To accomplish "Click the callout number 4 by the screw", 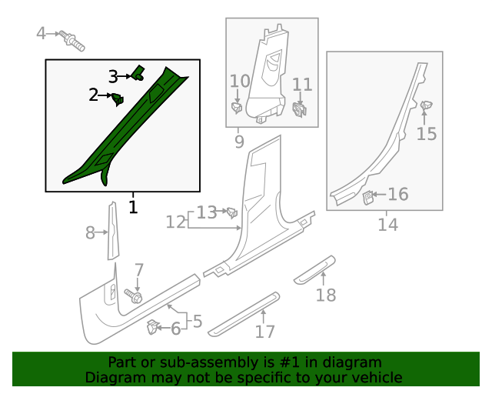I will pos(42,33).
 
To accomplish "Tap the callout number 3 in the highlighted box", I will pos(113,77).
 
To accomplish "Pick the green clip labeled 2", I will pos(118,98).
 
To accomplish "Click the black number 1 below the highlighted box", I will pos(133,207).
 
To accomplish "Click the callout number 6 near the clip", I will pos(175,329).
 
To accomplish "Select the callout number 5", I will pos(198,321).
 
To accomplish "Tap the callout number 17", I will pos(264,332).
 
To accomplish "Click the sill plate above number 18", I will pos(315,265).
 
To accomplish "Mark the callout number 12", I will pos(176,222).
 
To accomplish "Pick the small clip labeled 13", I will pos(230,212).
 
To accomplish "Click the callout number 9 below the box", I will pos(239,142).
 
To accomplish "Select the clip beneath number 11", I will pos(301,111).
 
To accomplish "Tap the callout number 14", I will pos(387,225).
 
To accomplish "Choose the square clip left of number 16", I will pos(368,198).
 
